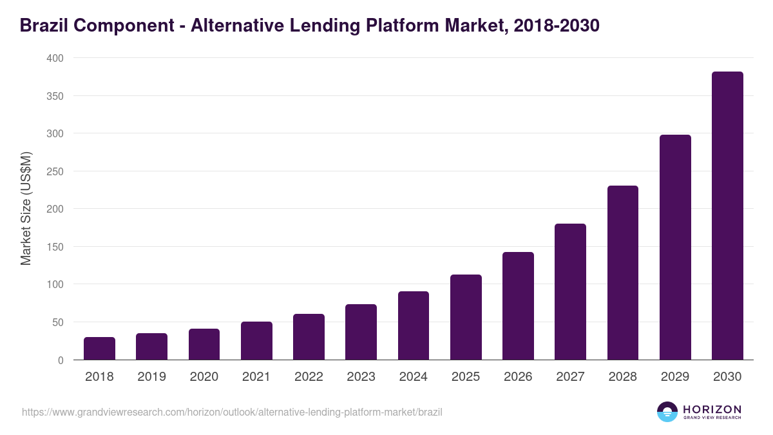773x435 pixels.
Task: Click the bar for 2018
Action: tap(99, 348)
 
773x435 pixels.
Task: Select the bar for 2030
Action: tap(727, 216)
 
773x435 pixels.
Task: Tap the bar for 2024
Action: tap(414, 325)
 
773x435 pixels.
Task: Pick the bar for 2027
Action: tap(570, 291)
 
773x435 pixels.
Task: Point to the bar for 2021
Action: tap(256, 340)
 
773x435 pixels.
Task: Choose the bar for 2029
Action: tap(675, 247)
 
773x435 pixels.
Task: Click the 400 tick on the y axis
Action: tap(55, 58)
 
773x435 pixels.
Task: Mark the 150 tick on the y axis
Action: tap(55, 247)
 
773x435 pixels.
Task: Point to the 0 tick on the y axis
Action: tap(60, 360)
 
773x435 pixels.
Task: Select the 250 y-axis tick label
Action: tap(55, 171)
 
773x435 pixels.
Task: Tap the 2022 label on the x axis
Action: tap(309, 377)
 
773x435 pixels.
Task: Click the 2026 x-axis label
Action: tap(518, 377)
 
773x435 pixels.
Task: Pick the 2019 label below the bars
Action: tap(151, 377)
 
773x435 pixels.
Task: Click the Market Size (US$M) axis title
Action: tap(26, 208)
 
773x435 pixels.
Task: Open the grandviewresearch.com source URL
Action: tap(232, 412)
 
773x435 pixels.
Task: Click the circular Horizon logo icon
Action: tap(667, 412)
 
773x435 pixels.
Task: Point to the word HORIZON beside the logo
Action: tap(711, 409)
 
